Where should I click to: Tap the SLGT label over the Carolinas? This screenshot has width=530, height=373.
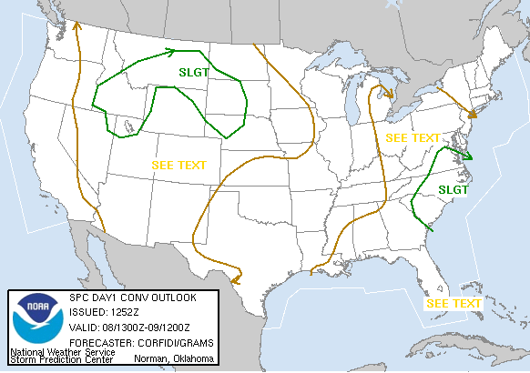point(453,189)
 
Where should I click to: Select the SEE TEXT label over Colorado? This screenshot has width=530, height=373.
point(178,166)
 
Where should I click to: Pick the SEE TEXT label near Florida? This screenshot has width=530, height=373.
point(454,303)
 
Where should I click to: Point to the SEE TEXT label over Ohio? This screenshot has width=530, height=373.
point(413,137)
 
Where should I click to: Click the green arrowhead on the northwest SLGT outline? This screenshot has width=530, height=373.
point(172,51)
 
